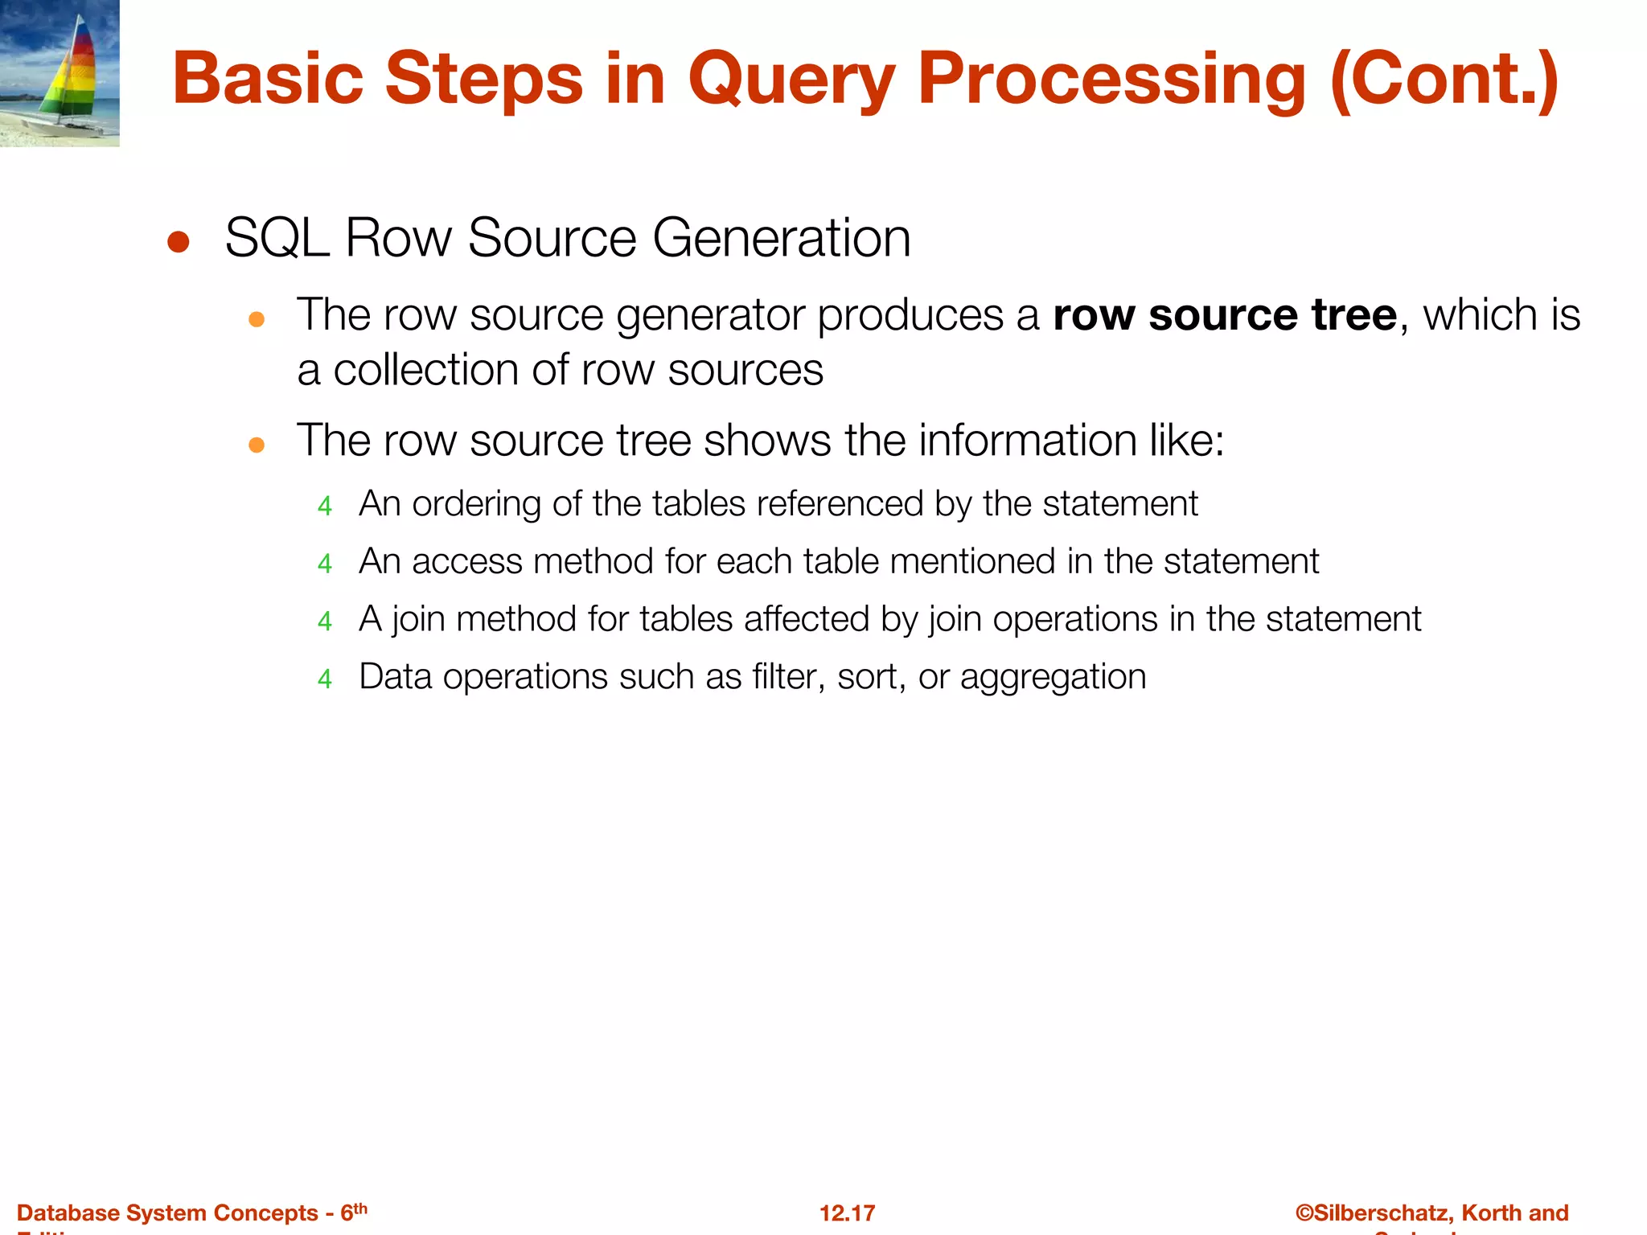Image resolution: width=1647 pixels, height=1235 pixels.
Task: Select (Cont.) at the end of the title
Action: [1444, 80]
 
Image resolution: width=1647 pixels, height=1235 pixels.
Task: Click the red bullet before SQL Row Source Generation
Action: [178, 242]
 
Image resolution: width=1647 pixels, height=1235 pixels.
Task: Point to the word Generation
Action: [781, 238]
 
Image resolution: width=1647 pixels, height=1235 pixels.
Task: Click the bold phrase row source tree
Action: [1225, 314]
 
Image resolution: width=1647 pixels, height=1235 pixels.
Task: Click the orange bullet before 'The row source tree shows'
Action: [257, 445]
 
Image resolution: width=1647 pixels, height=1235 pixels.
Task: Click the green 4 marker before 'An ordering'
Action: [325, 506]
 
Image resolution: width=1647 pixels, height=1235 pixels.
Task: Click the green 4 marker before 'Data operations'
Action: [325, 679]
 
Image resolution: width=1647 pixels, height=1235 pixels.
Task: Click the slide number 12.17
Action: [847, 1213]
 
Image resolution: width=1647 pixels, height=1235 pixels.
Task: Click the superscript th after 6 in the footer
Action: [360, 1208]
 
